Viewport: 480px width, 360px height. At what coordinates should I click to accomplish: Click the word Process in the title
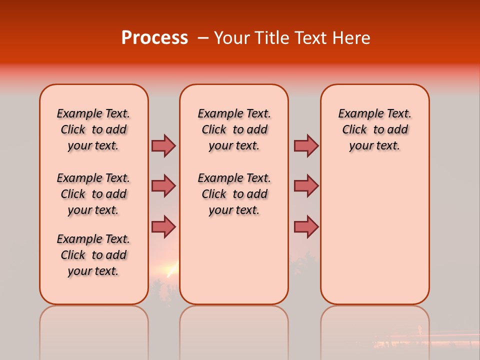[x=154, y=38]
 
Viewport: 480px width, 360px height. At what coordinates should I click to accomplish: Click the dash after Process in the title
[x=203, y=38]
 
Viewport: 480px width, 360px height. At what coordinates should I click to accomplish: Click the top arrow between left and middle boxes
[x=163, y=145]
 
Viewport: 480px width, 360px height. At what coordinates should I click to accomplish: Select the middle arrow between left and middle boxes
[x=163, y=186]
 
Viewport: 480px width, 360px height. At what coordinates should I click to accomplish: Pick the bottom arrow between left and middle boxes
[x=163, y=226]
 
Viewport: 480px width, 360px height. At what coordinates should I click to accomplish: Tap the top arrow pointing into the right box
[x=306, y=145]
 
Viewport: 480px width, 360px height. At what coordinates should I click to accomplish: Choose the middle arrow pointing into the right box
[x=306, y=186]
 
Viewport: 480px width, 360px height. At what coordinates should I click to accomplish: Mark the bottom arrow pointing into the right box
[x=306, y=226]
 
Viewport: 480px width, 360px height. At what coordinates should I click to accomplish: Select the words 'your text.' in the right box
[x=374, y=146]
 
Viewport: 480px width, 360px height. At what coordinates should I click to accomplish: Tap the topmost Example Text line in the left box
[x=93, y=113]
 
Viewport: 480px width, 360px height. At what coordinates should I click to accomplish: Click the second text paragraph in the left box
[x=93, y=194]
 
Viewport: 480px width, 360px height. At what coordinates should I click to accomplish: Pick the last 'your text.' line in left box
[x=93, y=271]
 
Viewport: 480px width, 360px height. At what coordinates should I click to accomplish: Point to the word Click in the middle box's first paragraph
[x=214, y=130]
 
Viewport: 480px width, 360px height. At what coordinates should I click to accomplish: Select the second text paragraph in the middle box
[x=234, y=194]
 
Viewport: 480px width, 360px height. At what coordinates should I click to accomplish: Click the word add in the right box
[x=397, y=130]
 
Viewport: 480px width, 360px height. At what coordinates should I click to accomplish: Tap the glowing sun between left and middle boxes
[x=171, y=270]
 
